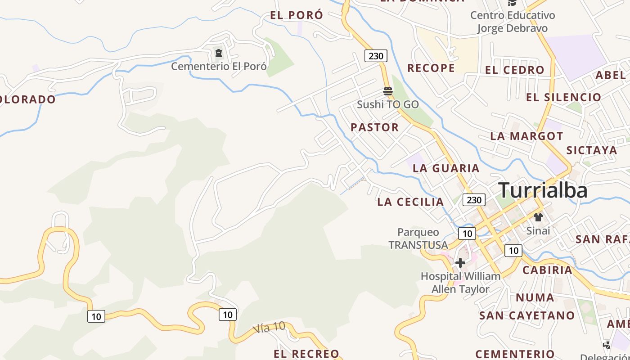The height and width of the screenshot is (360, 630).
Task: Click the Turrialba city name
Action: pos(543,190)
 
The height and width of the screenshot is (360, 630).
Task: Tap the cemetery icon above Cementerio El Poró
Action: pos(219,54)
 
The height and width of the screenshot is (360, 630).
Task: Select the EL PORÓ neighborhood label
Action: pos(297,15)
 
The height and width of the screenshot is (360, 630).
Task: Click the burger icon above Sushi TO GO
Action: pos(388,91)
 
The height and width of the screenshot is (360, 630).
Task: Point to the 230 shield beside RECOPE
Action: pos(376,56)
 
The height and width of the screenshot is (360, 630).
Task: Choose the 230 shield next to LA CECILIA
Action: pos(474,200)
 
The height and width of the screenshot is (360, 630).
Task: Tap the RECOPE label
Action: pos(431,68)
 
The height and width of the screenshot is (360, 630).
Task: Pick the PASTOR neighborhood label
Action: pos(375,127)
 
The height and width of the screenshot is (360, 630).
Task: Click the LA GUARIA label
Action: pos(446,168)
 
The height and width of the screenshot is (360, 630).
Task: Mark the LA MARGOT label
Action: pos(526,136)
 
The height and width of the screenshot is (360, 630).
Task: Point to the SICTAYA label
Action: pos(592,150)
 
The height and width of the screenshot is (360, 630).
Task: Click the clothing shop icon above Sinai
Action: pos(538,217)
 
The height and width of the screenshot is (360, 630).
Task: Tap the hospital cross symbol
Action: pos(460,263)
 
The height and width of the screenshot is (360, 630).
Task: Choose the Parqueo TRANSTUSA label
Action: pos(418,238)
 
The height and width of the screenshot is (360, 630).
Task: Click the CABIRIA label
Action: pos(547,270)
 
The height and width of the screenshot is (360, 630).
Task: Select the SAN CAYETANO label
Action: pos(526,315)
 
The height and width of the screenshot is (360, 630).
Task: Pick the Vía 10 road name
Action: pos(269,328)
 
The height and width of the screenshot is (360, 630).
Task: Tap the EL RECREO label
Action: pos(306,354)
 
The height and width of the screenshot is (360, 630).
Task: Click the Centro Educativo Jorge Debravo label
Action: pos(513,22)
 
